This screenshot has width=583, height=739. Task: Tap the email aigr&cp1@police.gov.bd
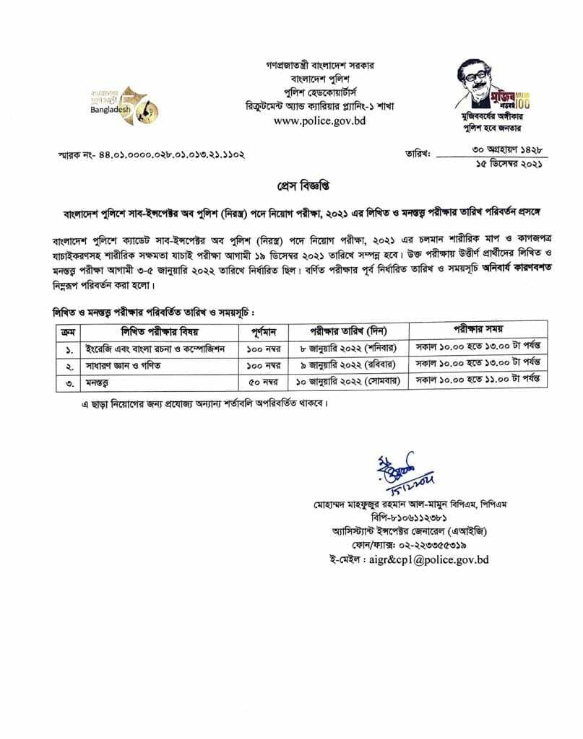(x=409, y=559)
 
